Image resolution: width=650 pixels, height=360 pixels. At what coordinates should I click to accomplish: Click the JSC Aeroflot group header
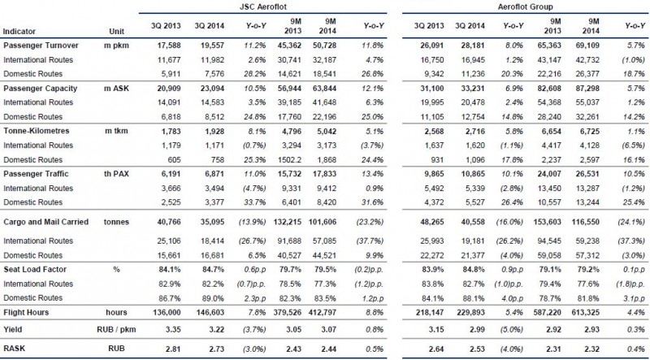tap(262, 7)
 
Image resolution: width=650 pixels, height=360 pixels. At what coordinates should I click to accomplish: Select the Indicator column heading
tap(19, 31)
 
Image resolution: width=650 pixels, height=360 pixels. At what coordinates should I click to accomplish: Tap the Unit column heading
tap(116, 31)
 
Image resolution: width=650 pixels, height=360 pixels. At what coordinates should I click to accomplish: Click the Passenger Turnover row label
tap(41, 46)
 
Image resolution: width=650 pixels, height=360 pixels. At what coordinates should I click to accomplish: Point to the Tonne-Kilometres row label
tap(37, 131)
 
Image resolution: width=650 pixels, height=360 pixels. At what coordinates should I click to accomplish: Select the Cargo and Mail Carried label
tap(46, 222)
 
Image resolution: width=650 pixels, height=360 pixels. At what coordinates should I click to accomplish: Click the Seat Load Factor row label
tap(35, 269)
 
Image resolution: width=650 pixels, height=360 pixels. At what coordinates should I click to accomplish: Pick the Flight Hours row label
tap(26, 312)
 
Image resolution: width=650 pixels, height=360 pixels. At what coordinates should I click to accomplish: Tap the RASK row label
tap(14, 348)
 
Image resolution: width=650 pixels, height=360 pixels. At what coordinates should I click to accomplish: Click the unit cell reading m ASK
tap(116, 89)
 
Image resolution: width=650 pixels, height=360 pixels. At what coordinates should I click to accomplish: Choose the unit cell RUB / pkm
tap(115, 330)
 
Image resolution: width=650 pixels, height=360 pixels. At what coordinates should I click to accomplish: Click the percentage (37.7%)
tap(371, 241)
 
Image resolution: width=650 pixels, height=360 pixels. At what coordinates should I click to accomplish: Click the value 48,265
tap(432, 222)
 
